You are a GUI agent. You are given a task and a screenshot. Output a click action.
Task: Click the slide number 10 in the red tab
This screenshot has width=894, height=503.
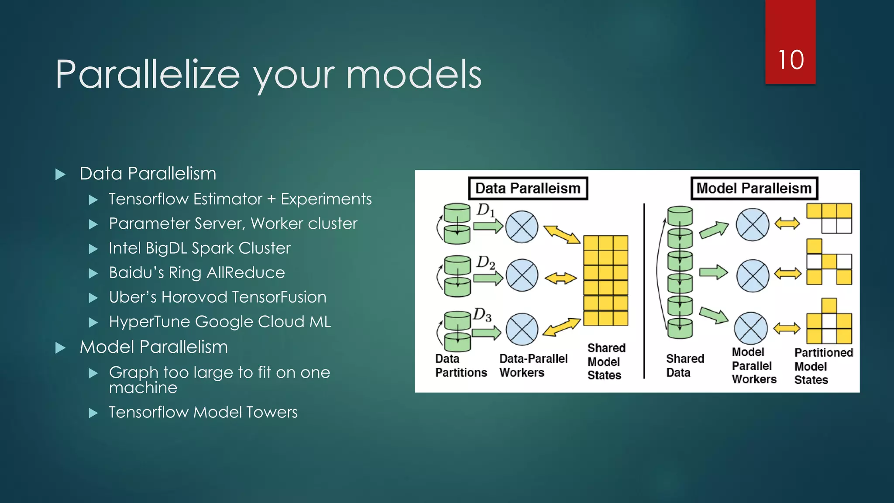click(x=791, y=60)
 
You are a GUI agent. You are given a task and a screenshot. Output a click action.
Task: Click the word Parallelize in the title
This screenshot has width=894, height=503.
click(x=148, y=75)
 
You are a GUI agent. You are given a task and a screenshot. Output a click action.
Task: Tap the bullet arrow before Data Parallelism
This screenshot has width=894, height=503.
click(x=61, y=175)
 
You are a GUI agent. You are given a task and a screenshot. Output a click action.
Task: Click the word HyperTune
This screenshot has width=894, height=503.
click(x=150, y=322)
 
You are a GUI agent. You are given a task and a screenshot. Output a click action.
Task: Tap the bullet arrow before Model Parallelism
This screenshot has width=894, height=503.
click(x=61, y=348)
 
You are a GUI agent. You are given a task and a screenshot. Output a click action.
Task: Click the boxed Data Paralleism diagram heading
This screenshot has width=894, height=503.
click(x=528, y=188)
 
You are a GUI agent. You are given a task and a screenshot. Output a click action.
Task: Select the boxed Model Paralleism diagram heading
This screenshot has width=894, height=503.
click(x=754, y=188)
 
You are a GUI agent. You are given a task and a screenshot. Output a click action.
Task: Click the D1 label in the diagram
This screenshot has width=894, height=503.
click(x=485, y=210)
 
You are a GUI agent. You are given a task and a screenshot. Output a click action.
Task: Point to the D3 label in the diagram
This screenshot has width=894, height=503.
click(x=482, y=315)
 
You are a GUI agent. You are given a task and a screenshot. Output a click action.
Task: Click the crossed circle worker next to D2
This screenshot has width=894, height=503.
click(x=522, y=276)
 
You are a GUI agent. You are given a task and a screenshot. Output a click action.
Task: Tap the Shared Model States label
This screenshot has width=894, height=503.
click(x=606, y=362)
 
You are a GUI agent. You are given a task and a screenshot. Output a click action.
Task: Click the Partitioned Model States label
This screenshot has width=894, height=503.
click(x=823, y=366)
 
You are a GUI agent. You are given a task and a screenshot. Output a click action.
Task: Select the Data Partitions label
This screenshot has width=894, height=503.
click(x=461, y=365)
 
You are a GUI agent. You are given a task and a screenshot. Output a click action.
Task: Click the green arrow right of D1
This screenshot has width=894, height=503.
click(x=488, y=226)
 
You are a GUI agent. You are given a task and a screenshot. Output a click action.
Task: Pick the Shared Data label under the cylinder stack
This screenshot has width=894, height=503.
click(x=684, y=365)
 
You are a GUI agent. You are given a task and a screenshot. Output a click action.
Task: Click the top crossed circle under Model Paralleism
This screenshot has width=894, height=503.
click(x=752, y=224)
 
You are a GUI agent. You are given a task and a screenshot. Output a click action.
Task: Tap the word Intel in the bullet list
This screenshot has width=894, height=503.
click(x=124, y=248)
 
